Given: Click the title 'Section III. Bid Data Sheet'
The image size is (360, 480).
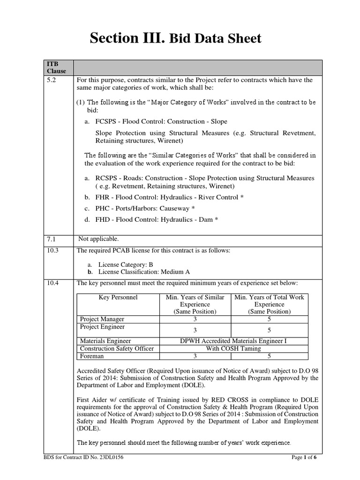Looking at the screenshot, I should coord(175,38).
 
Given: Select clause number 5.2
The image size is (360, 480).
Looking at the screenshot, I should coord(51,80).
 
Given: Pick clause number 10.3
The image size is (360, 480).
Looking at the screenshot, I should coord(52,251).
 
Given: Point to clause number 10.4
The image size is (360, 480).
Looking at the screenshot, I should coord(52,283).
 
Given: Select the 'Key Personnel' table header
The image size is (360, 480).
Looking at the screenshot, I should coord(118,297).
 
